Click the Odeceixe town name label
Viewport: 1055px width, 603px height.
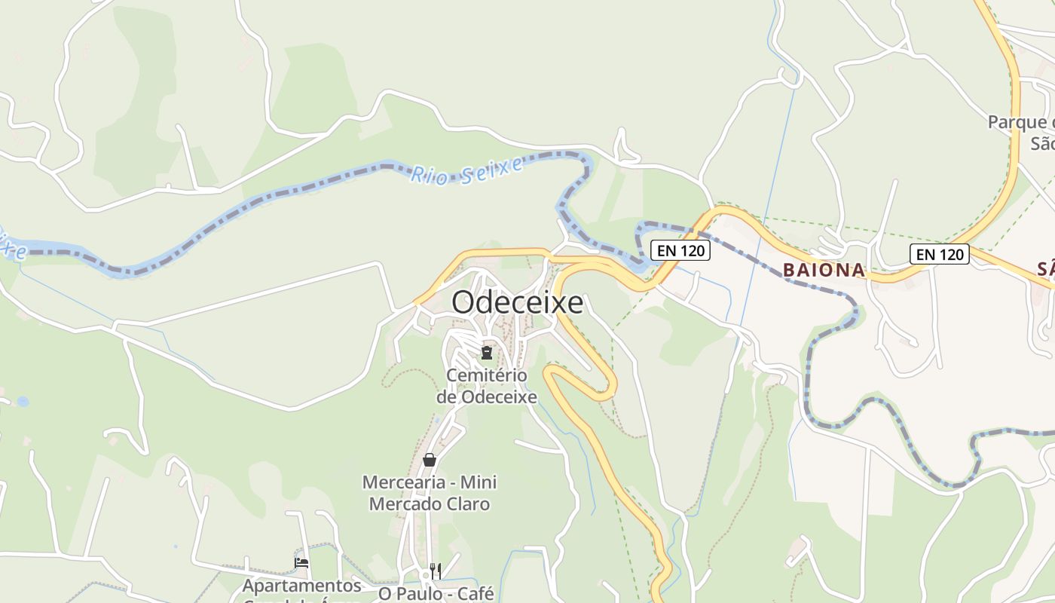pos(517,302)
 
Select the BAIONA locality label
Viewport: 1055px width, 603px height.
pos(824,270)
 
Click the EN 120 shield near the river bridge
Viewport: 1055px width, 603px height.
pos(680,250)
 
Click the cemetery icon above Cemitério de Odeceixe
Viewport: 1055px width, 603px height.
pos(487,353)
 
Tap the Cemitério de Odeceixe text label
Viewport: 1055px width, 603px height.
pos(487,386)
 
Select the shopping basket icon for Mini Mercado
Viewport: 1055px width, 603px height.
pos(430,459)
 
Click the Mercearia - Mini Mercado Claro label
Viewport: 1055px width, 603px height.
pos(430,493)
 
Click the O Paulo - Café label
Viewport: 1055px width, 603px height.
pos(436,593)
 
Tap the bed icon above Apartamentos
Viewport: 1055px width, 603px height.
pos(301,562)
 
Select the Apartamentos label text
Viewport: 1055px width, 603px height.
pos(302,586)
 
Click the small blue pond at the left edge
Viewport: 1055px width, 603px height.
pos(23,402)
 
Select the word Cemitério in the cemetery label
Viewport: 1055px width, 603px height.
pos(487,375)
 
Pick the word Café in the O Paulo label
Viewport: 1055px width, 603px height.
pos(475,593)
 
